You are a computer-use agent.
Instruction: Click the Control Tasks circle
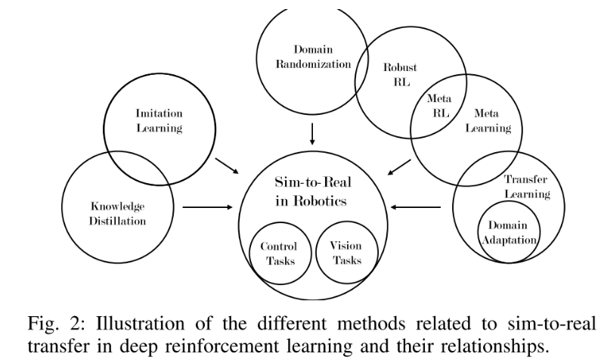(279, 253)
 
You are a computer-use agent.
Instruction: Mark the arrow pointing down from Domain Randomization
(311, 134)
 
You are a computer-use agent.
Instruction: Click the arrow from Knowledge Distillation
(205, 206)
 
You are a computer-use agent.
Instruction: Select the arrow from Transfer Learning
(417, 206)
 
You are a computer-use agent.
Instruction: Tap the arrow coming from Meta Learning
(398, 167)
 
